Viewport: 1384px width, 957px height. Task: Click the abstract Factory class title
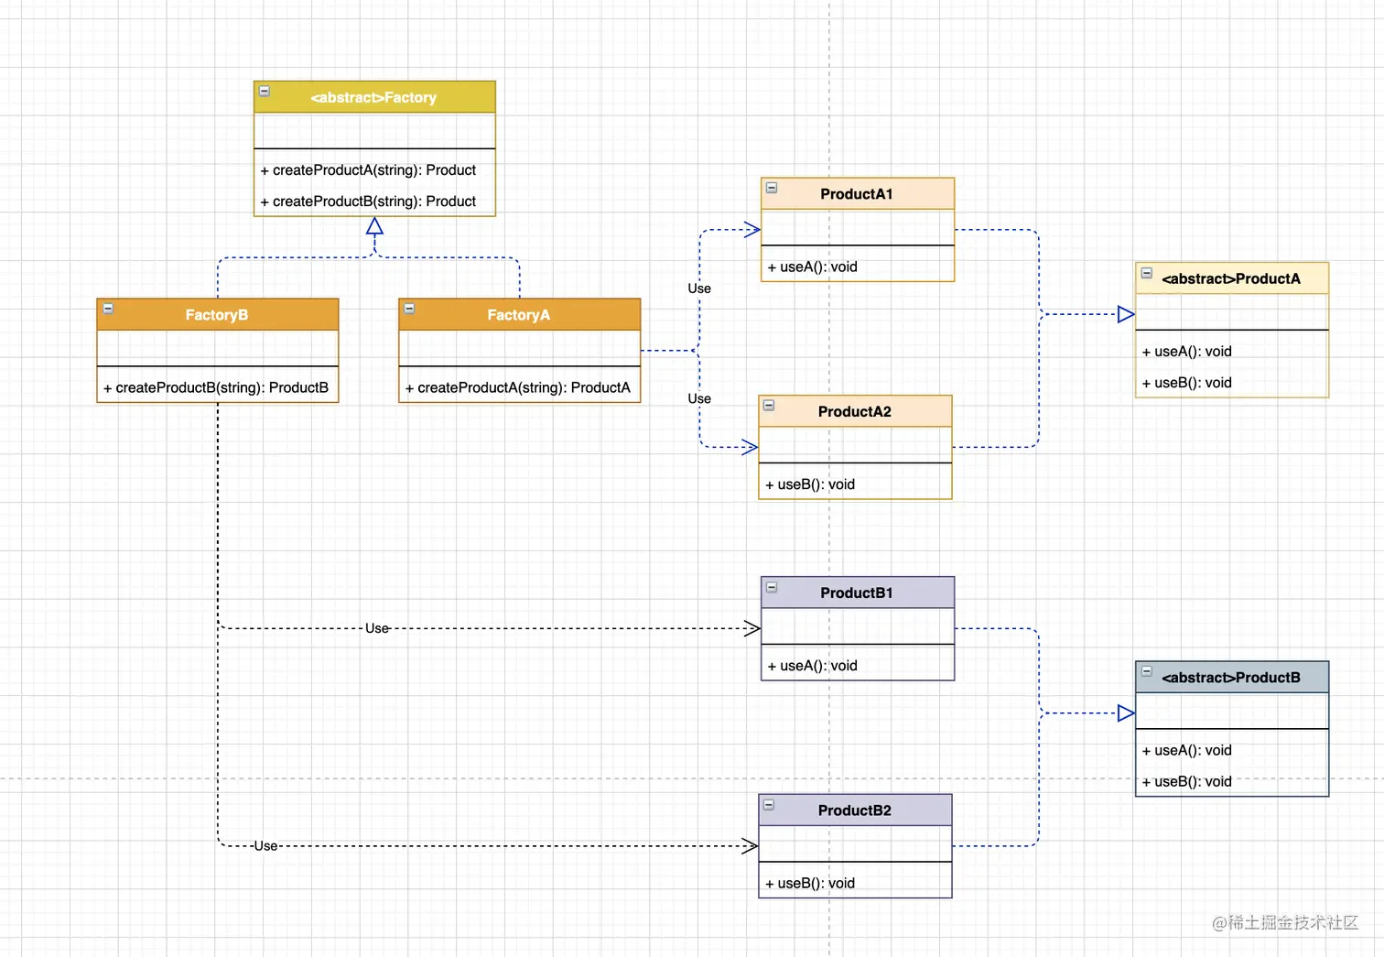tap(373, 97)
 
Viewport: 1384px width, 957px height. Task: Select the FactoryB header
tap(217, 315)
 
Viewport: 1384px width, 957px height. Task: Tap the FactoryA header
tap(518, 315)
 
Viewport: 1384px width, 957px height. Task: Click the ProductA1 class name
tap(856, 194)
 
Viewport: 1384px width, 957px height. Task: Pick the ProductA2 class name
tap(854, 412)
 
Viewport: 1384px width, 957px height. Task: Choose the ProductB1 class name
tap(856, 593)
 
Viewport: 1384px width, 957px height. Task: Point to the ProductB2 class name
tap(854, 810)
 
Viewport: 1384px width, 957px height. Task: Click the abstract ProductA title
tap(1231, 279)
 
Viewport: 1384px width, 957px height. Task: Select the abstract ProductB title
tap(1231, 678)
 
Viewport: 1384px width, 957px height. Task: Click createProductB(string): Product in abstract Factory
tap(368, 201)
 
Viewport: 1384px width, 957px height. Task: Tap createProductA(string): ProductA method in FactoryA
tap(518, 388)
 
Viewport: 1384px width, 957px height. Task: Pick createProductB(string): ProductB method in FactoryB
tap(216, 388)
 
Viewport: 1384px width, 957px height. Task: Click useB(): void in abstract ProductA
tap(1187, 383)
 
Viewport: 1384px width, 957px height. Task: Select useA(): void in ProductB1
tap(813, 666)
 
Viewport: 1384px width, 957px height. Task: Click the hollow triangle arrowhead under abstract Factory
tap(374, 226)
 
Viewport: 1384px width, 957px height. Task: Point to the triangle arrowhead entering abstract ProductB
tap(1126, 713)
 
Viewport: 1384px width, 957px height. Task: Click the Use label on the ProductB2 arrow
tap(265, 846)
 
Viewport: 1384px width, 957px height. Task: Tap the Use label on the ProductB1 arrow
tap(377, 628)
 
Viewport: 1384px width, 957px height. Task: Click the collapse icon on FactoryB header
tap(108, 309)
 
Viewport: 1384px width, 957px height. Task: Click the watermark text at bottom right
tap(1285, 923)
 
